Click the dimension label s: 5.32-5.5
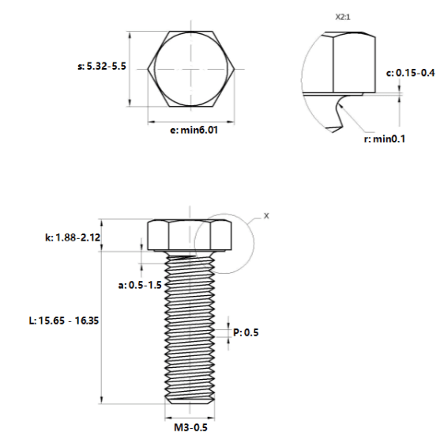(102, 66)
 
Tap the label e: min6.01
(194, 131)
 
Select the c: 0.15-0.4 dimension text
(410, 73)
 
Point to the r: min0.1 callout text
(385, 139)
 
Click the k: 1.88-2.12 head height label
(73, 237)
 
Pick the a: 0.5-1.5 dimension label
(140, 285)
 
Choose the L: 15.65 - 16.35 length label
(64, 321)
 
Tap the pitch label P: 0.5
(246, 332)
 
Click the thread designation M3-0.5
(190, 427)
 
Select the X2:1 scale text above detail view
(343, 17)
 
